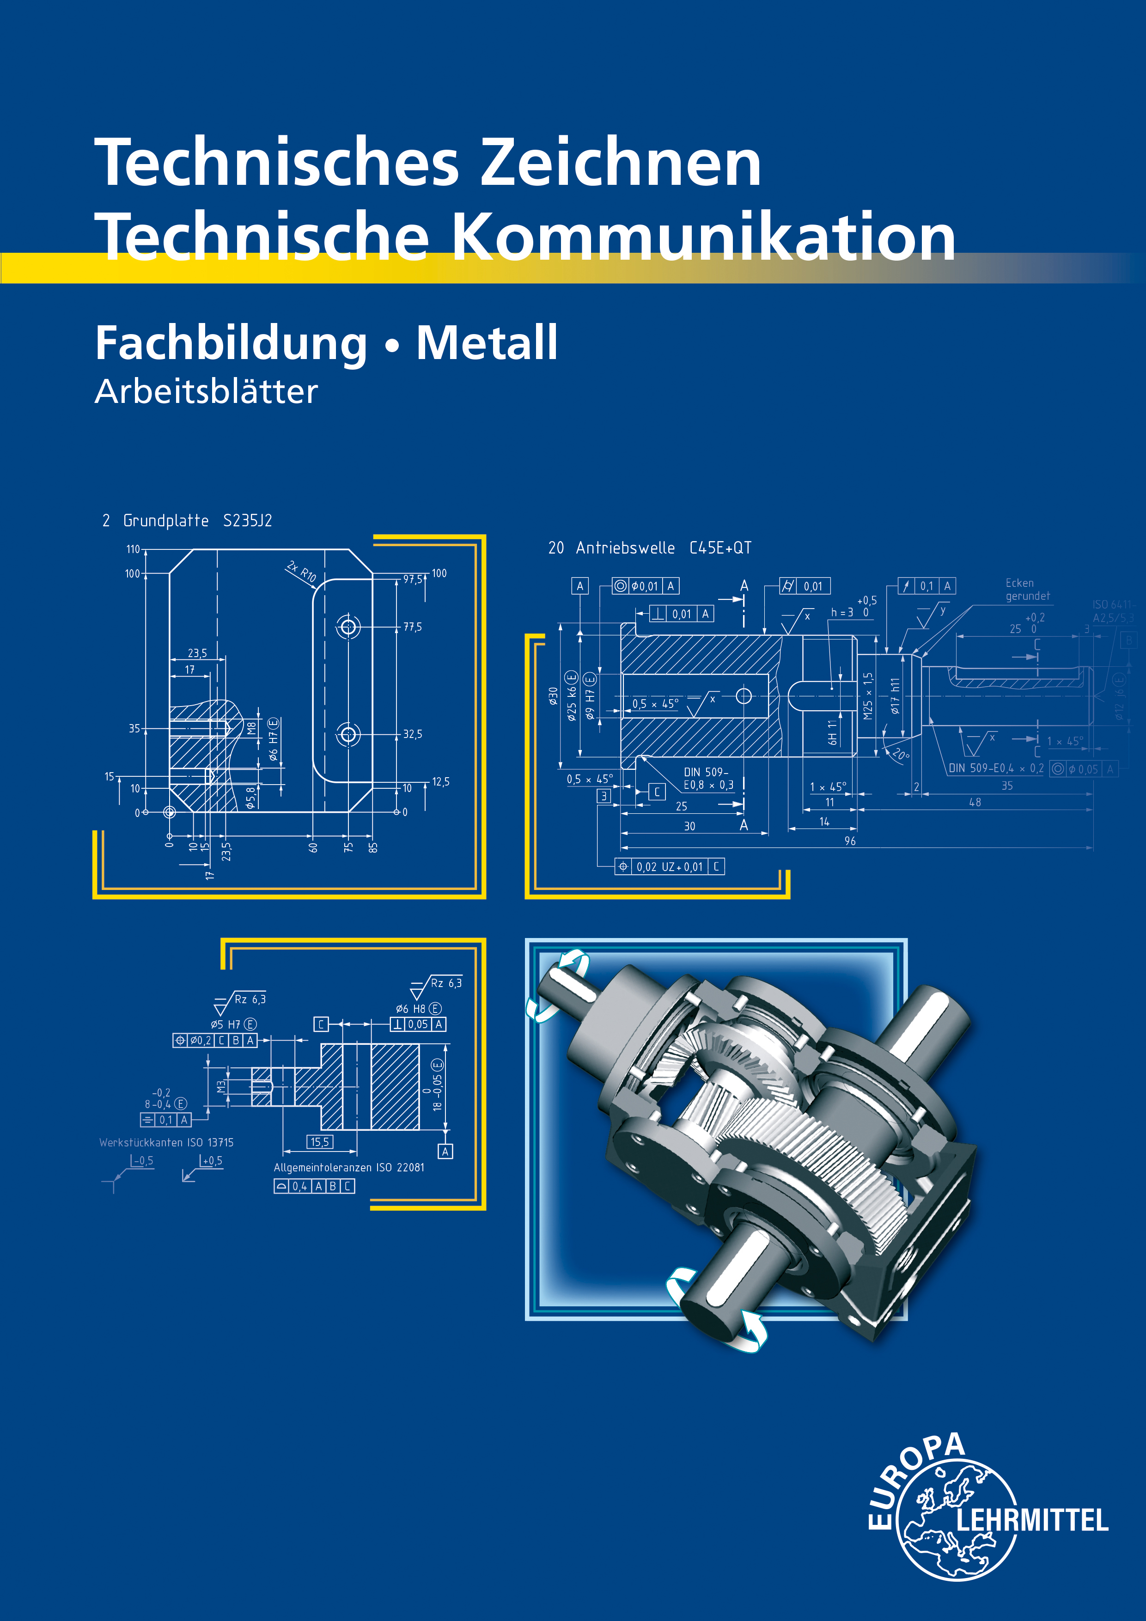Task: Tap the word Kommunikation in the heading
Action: coord(702,237)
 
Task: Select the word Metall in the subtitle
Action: coord(487,343)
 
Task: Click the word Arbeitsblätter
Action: coord(206,392)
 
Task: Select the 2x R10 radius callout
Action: coord(301,571)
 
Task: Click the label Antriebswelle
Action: coord(625,548)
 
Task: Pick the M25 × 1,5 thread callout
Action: coord(868,695)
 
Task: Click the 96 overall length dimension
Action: coord(850,841)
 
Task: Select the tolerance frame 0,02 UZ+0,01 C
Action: coord(670,866)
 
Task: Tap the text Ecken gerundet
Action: coord(1027,590)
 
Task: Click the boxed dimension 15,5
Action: coord(320,1142)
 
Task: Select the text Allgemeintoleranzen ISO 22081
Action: coord(349,1167)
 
